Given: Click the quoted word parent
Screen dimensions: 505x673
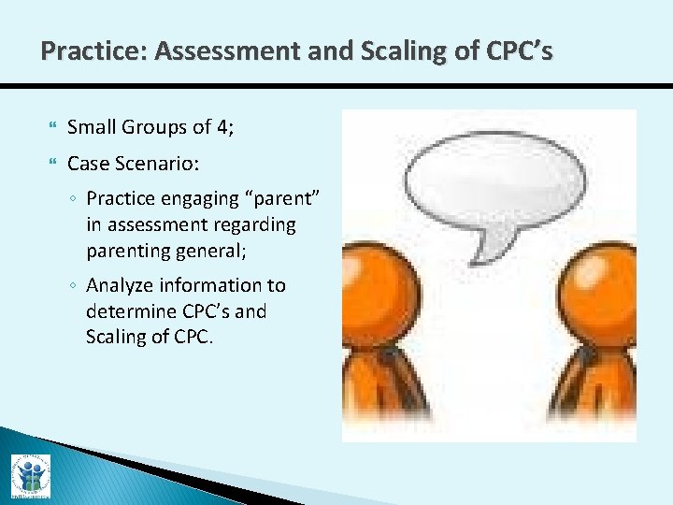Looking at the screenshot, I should [288, 198].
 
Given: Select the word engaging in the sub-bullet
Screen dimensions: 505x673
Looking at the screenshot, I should [200, 198].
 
